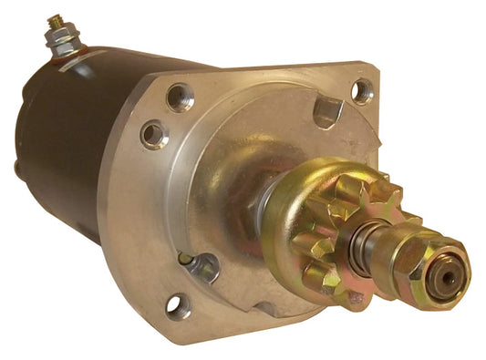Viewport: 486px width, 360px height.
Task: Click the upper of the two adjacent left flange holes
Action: point(181,96)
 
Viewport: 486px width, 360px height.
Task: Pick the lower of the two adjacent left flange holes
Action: point(154,134)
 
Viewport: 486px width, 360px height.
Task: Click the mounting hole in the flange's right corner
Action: point(363,90)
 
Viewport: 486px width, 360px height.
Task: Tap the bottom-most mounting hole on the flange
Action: point(179,306)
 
